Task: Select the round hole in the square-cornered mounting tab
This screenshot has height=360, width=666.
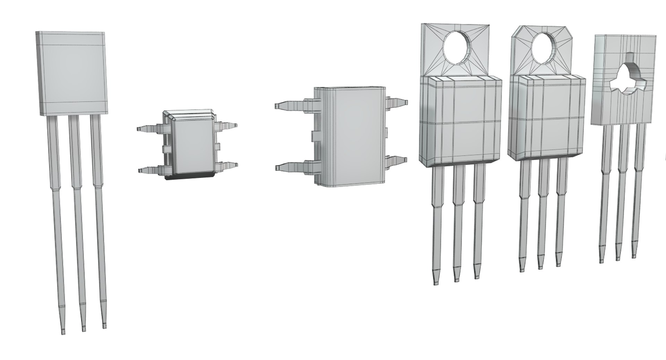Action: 457,49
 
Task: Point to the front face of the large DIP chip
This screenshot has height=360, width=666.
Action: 354,137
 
